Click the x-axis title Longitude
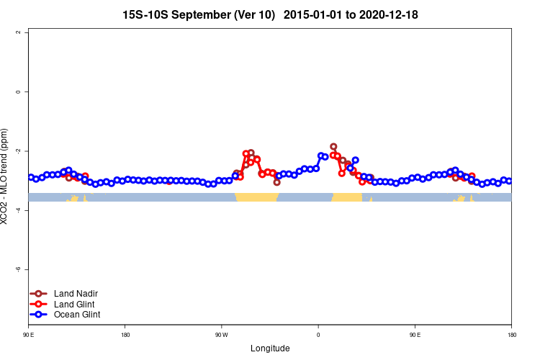[270, 348]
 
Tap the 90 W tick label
[221, 335]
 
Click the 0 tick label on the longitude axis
[318, 335]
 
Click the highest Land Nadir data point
[333, 147]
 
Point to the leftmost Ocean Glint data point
[31, 177]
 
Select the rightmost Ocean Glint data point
[509, 181]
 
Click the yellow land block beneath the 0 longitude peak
[346, 197]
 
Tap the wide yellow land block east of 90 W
[257, 197]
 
